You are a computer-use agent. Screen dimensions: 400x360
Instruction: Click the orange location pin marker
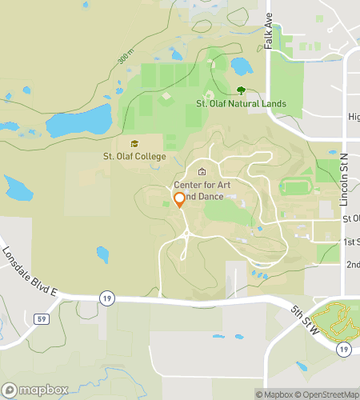coord(179,200)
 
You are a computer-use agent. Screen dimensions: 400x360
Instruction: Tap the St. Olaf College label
coord(134,155)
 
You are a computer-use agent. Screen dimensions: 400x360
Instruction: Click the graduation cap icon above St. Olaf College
coord(134,142)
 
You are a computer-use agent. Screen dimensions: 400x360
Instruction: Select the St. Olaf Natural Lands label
coord(241,104)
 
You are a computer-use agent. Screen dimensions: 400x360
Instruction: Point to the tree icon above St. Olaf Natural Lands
coord(241,90)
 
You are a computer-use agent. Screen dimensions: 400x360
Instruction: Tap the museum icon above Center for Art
coord(202,171)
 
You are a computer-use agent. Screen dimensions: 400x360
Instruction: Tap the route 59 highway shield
coord(41,318)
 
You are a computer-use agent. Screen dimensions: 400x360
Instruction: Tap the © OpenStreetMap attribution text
coord(330,394)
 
